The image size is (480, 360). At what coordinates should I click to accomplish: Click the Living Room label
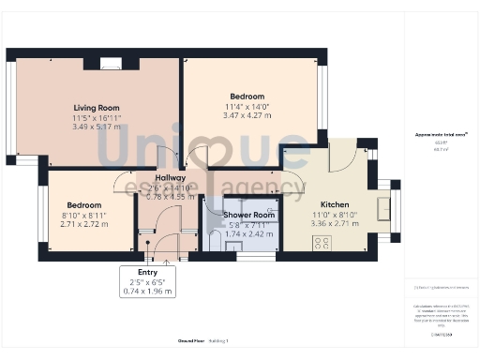tap(96, 108)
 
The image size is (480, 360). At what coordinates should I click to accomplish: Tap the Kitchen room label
tap(335, 204)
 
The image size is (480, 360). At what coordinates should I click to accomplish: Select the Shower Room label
tap(249, 215)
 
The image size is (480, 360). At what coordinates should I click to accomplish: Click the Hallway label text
tap(171, 177)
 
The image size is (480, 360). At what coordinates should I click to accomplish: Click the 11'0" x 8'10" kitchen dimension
tap(335, 216)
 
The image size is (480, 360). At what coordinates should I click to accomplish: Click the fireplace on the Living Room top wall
tap(111, 64)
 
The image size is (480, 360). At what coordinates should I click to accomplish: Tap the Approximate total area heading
tap(441, 135)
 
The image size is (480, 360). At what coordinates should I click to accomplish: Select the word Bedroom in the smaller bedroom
tap(84, 205)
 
